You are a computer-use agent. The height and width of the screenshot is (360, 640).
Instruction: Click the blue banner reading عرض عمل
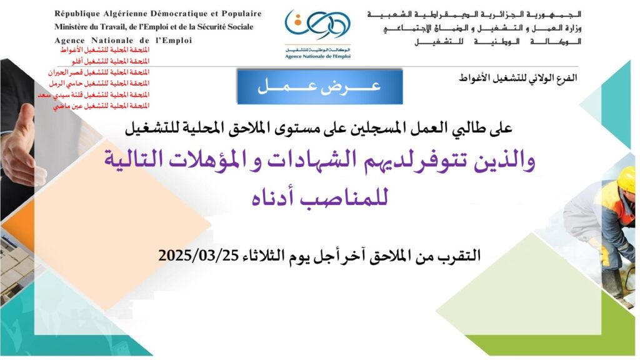pyautogui.click(x=320, y=86)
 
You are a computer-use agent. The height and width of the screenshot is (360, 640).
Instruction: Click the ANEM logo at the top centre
pyautogui.click(x=317, y=34)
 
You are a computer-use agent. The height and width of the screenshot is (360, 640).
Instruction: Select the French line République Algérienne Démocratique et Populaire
pyautogui.click(x=158, y=14)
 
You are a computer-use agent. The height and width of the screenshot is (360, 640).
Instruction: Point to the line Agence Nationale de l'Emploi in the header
pyautogui.click(x=123, y=41)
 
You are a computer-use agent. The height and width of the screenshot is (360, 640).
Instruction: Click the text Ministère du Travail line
pyautogui.click(x=154, y=27)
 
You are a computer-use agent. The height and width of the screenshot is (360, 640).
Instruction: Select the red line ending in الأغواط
pyautogui.click(x=105, y=50)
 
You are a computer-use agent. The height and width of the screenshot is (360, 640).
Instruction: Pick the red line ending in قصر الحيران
pyautogui.click(x=99, y=72)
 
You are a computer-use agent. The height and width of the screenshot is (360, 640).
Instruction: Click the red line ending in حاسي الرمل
pyautogui.click(x=99, y=83)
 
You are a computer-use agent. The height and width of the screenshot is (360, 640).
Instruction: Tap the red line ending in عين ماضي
pyautogui.click(x=101, y=106)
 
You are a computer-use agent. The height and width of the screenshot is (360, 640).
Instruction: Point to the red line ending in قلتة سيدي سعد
pyautogui.click(x=94, y=95)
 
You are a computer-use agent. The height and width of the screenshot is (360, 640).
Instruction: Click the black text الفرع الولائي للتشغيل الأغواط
pyautogui.click(x=518, y=77)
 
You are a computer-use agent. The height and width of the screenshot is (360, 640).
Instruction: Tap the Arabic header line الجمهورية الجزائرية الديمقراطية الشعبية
pyautogui.click(x=474, y=15)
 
